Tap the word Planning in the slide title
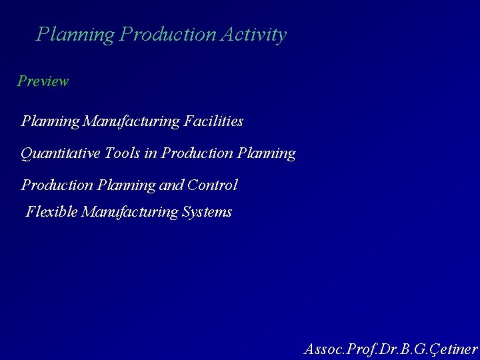(x=75, y=35)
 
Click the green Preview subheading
(x=43, y=81)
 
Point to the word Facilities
(x=213, y=121)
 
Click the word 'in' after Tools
(x=151, y=153)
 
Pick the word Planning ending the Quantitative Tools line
(x=266, y=153)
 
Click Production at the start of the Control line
(x=57, y=185)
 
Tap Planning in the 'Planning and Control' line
(x=127, y=185)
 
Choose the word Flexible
(x=51, y=212)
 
